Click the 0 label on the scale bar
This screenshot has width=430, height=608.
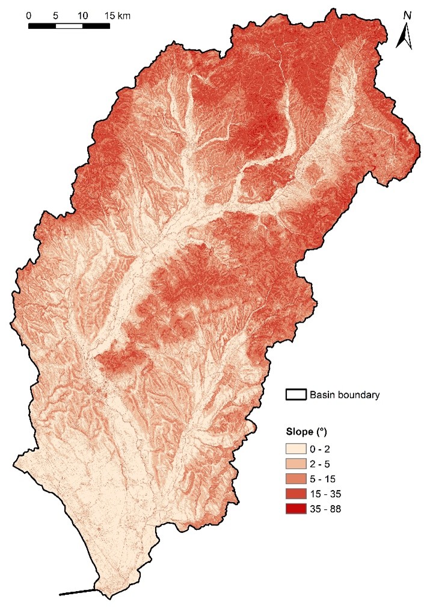click(29, 15)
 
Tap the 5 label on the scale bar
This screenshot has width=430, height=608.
click(55, 15)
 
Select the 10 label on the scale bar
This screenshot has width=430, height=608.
click(82, 15)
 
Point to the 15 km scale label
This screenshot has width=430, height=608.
click(117, 15)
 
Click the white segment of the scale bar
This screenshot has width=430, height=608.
click(69, 25)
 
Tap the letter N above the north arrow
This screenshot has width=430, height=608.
click(407, 15)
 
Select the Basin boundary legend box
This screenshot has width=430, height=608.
click(295, 395)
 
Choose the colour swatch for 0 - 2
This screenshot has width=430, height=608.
click(296, 448)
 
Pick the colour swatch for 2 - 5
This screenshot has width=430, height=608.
click(296, 464)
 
